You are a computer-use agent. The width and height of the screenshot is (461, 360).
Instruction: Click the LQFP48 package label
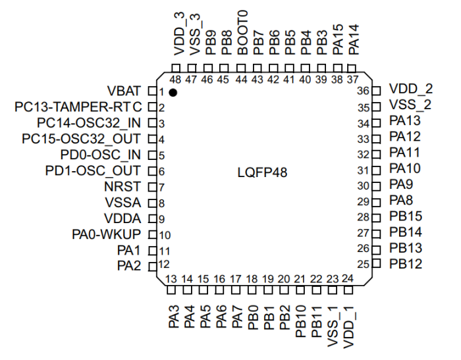pos(263,173)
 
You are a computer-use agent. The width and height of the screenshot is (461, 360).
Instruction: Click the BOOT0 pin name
pos(242,38)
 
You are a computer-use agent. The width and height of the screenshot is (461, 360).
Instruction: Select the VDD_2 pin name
pos(411,89)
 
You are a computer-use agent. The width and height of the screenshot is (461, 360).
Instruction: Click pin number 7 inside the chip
pos(161,188)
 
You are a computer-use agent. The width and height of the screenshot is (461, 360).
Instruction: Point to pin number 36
pos(363,90)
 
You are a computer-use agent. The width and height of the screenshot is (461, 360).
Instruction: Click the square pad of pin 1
pos(151,91)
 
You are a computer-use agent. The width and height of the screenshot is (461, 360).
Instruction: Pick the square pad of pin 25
pos(376,264)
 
